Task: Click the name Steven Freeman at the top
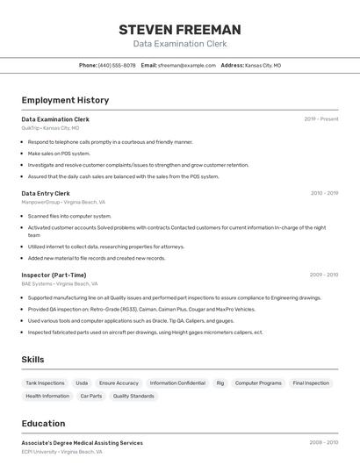point(179,30)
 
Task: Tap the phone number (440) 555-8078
point(117,65)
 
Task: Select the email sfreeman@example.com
point(186,65)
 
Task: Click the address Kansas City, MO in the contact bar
point(263,65)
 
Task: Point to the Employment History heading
point(65,100)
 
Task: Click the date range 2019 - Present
point(321,119)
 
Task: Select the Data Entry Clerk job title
point(46,193)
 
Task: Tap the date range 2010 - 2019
point(324,193)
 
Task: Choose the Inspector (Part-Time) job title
point(54,275)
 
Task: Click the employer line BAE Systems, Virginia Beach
point(60,283)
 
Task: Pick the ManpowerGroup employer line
point(63,202)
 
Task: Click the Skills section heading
point(32,360)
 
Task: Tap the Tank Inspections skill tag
point(45,383)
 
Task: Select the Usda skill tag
point(82,383)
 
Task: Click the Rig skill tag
point(220,383)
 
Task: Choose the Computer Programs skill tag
point(258,383)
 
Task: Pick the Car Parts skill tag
point(91,396)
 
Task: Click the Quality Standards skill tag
point(133,396)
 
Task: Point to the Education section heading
point(43,423)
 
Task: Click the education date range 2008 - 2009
point(324,443)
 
